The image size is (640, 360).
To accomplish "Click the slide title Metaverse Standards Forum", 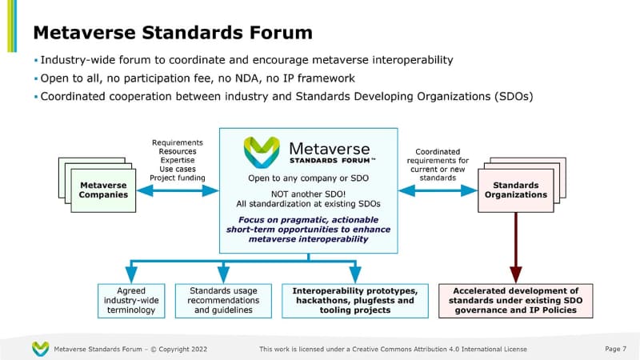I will (x=172, y=33).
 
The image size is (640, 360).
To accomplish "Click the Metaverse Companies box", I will (x=104, y=190).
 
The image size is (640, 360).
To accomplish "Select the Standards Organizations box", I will (x=519, y=190).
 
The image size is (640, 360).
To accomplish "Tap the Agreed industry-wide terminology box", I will (x=131, y=300).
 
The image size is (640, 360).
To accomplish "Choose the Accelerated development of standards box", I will (x=515, y=300).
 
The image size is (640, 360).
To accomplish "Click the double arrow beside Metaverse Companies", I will (x=178, y=190).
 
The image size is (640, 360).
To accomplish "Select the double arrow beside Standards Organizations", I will (x=438, y=190).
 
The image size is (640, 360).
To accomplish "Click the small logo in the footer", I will (x=40, y=349).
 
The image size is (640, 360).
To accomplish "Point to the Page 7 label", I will (x=613, y=349).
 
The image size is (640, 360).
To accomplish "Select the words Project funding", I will (x=178, y=178).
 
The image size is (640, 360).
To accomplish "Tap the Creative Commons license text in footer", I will (x=393, y=350).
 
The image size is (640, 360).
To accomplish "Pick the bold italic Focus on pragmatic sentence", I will (x=308, y=228).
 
